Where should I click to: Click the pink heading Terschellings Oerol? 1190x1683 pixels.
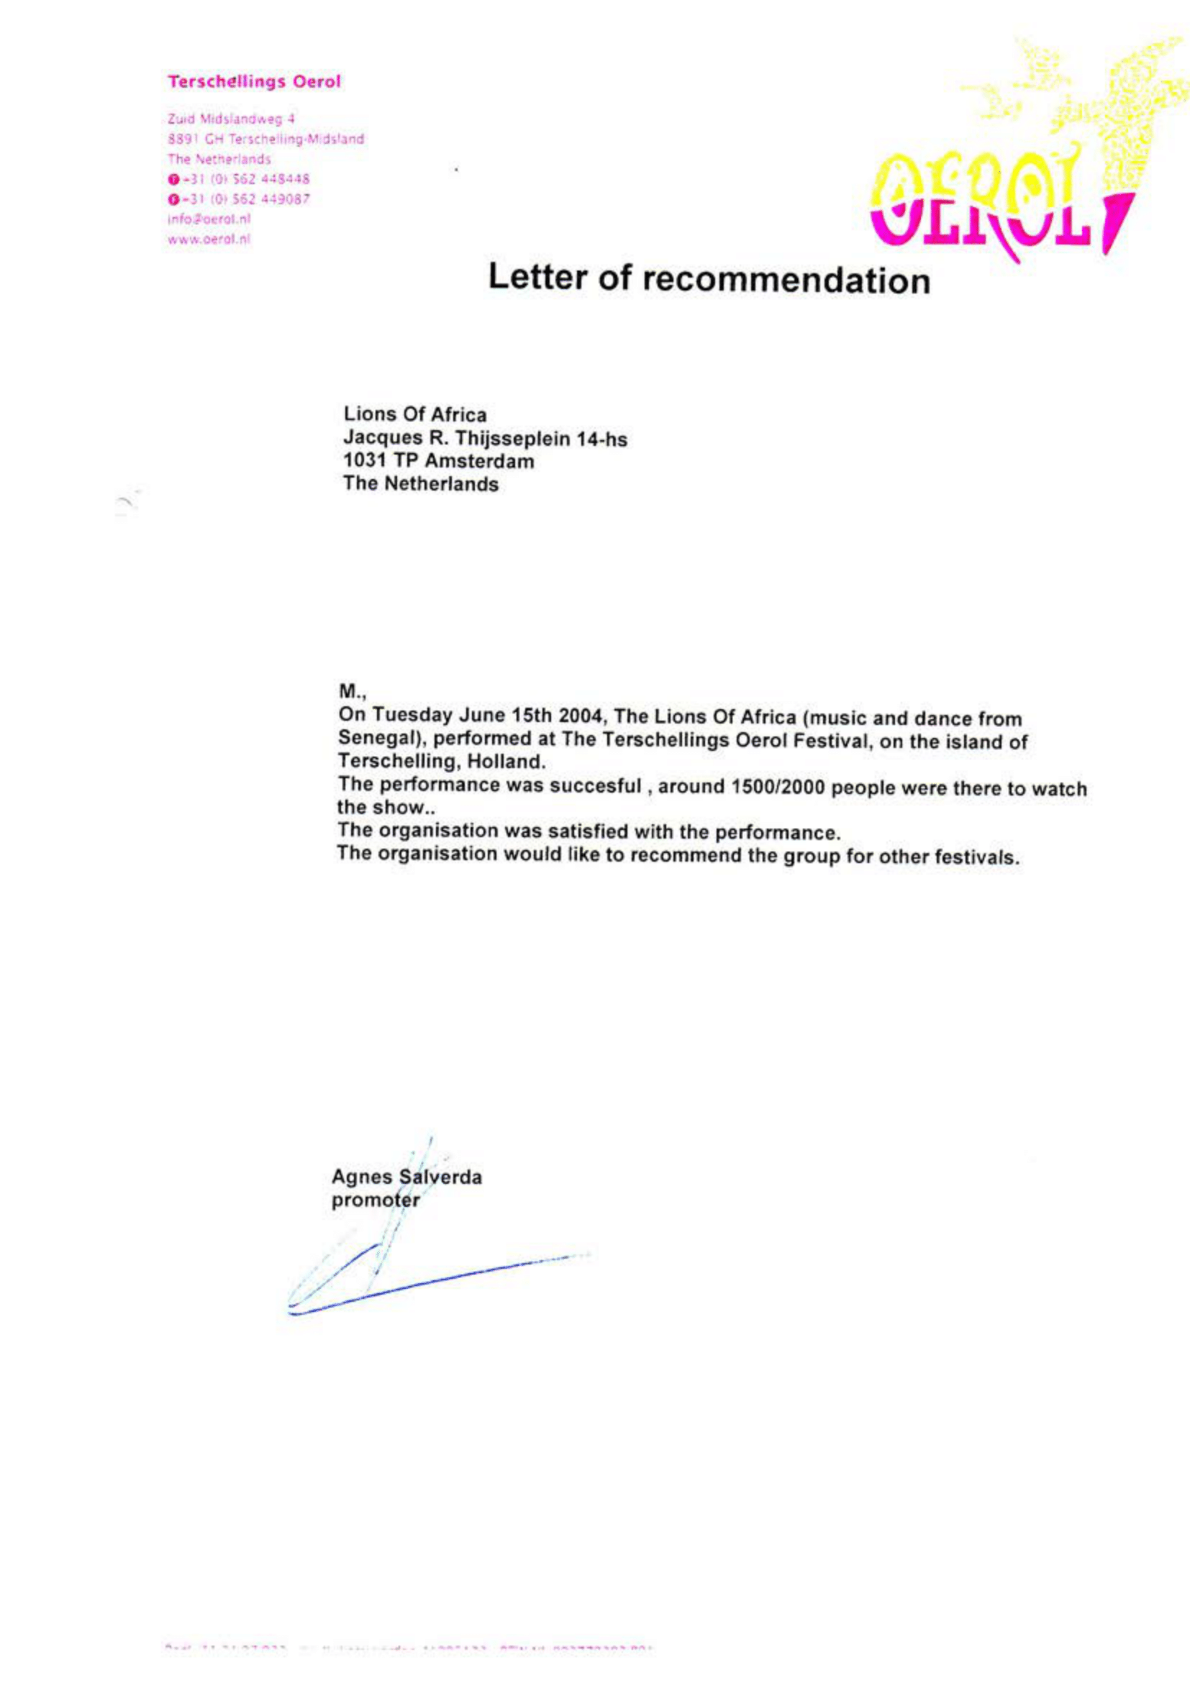pyautogui.click(x=254, y=81)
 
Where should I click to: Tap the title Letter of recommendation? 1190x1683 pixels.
pyautogui.click(x=708, y=278)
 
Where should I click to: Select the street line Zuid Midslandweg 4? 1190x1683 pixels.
pyautogui.click(x=231, y=119)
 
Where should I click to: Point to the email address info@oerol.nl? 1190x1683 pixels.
pyautogui.click(x=209, y=219)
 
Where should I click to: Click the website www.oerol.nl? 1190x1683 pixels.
pyautogui.click(x=209, y=239)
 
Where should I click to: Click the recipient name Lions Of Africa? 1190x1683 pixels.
pyautogui.click(x=414, y=414)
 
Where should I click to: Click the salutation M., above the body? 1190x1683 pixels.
pyautogui.click(x=351, y=691)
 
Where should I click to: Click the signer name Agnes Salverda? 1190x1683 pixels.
pyautogui.click(x=406, y=1177)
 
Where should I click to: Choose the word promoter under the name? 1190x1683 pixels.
pyautogui.click(x=376, y=1200)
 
